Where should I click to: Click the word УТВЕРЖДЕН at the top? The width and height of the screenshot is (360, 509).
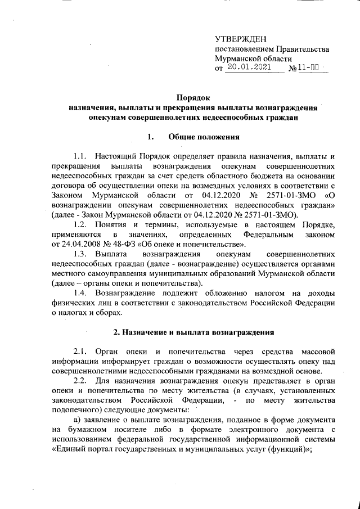238,39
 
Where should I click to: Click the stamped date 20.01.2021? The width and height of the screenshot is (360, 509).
248,68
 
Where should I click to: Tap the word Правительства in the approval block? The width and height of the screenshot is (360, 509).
303,49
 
